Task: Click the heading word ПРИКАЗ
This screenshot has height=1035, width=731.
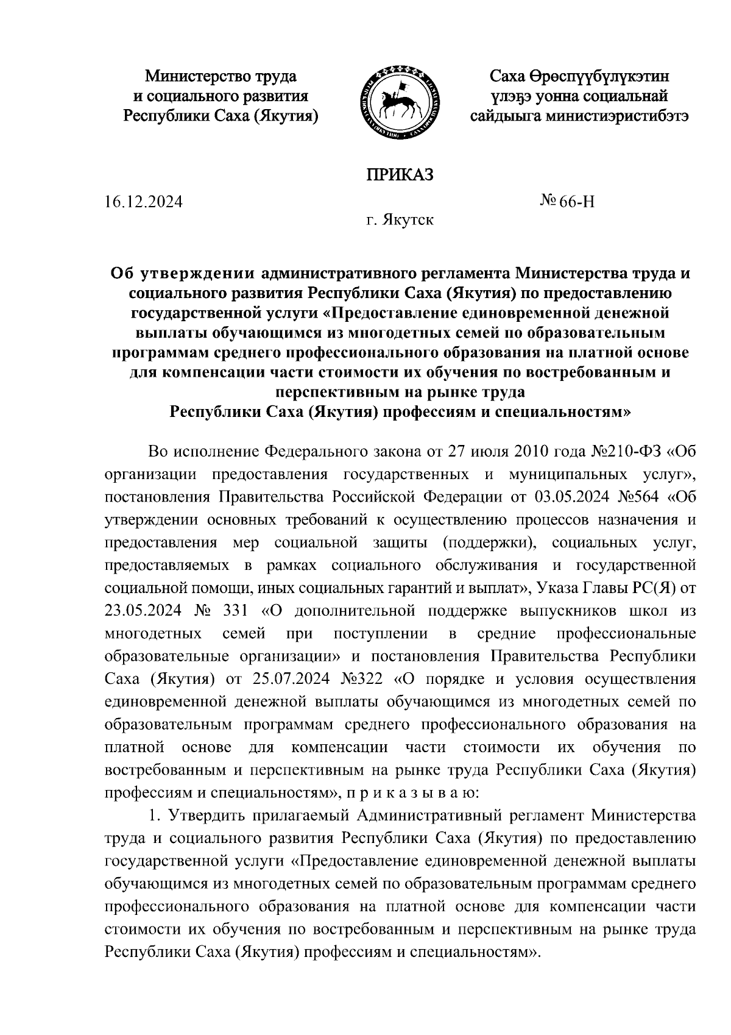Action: pos(399,175)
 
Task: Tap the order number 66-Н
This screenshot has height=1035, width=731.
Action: pos(577,201)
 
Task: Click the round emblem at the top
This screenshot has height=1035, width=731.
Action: pos(400,96)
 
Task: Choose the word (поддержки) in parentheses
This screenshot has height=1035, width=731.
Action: pos(489,542)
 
